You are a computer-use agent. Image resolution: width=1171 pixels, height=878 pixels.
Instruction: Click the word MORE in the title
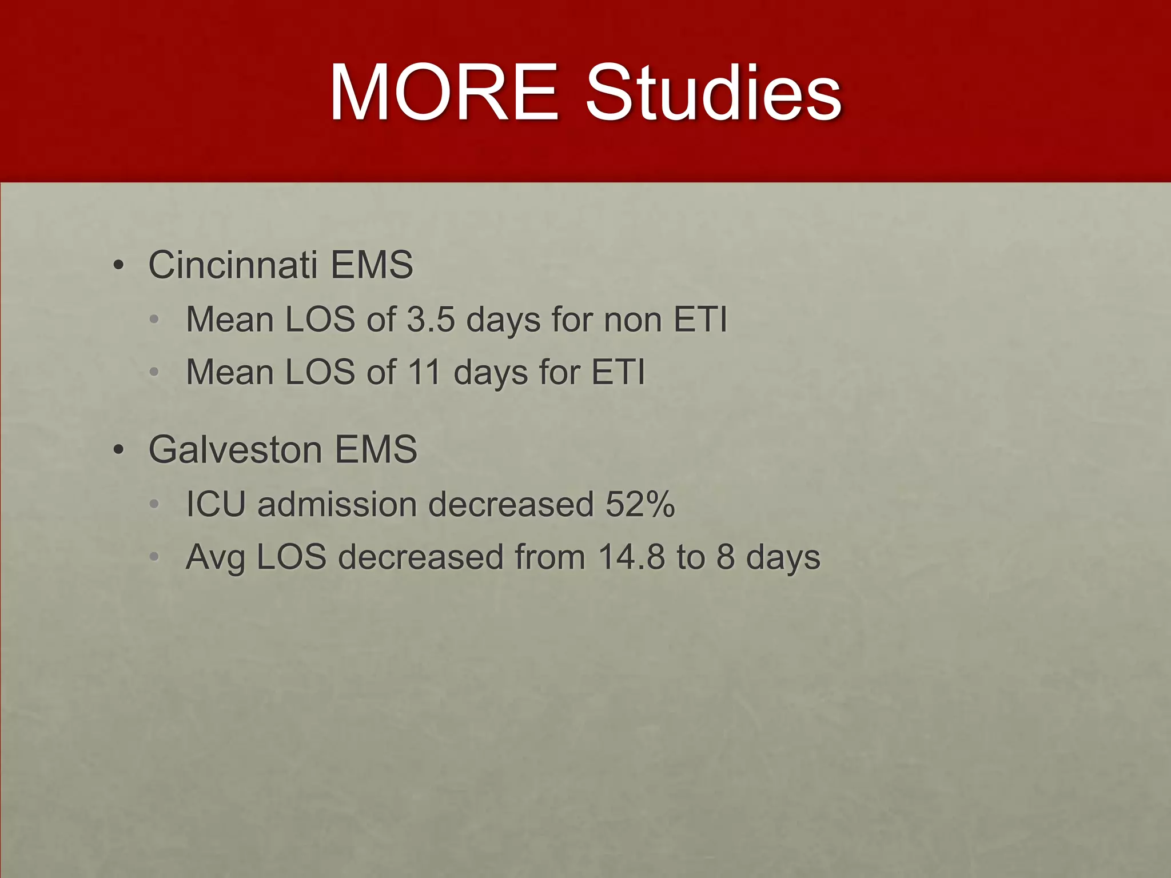click(x=444, y=93)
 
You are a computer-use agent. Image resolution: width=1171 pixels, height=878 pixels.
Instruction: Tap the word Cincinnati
click(x=233, y=265)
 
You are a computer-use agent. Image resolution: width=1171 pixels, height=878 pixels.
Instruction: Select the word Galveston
click(x=235, y=450)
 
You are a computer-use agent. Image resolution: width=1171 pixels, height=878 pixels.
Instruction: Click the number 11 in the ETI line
click(x=424, y=373)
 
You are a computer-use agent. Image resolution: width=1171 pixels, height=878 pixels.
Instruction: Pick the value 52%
click(x=640, y=505)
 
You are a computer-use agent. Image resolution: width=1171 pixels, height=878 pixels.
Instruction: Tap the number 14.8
click(x=631, y=557)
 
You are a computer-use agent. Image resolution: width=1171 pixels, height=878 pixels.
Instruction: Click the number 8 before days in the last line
click(x=725, y=557)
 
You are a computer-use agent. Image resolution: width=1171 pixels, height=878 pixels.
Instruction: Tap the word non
click(x=633, y=320)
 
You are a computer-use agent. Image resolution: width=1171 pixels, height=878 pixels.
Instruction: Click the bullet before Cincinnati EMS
click(x=118, y=266)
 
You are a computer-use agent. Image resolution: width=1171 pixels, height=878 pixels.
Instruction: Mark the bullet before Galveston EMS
click(x=118, y=450)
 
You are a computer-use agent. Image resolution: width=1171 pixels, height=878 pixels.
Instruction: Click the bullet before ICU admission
click(x=153, y=505)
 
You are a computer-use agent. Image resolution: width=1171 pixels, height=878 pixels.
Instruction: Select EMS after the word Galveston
click(x=376, y=450)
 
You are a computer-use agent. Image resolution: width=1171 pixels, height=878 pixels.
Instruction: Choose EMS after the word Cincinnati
click(x=372, y=265)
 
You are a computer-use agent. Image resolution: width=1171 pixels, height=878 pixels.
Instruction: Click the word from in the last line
click(x=549, y=557)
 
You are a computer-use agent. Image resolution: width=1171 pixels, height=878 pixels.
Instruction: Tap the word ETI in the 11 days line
click(x=618, y=373)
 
